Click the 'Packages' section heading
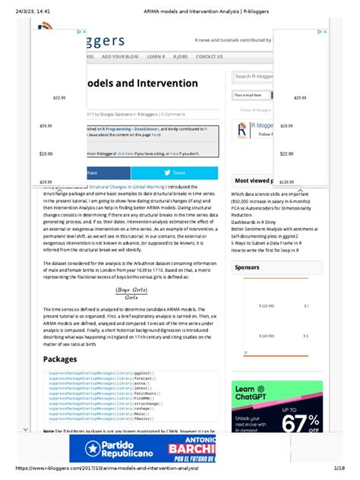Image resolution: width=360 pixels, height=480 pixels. click(62, 359)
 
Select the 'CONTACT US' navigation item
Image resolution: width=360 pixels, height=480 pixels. click(209, 56)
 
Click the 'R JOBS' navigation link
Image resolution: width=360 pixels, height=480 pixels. click(180, 56)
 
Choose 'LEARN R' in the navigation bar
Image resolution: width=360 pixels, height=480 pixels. click(155, 56)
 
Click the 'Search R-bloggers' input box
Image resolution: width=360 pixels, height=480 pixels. click(252, 76)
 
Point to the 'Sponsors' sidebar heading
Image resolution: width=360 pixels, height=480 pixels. click(248, 267)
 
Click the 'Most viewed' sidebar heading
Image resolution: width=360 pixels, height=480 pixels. click(252, 181)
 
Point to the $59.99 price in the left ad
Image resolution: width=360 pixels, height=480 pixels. click(46, 125)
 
